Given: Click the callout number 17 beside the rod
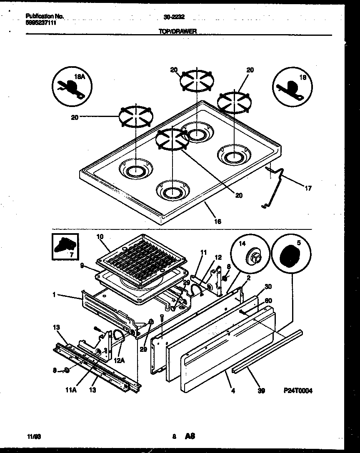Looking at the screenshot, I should pyautogui.click(x=308, y=188).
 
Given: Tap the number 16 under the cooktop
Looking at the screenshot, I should pyautogui.click(x=217, y=222).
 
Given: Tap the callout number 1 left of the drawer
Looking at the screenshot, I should pyautogui.click(x=54, y=294).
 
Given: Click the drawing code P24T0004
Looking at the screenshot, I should pyautogui.click(x=298, y=391).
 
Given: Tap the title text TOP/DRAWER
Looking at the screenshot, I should pyautogui.click(x=178, y=31).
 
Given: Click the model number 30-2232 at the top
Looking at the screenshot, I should pyautogui.click(x=175, y=17).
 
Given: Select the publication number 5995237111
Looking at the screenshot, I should pyautogui.click(x=41, y=23).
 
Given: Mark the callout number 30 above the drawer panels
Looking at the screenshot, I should pyautogui.click(x=267, y=286).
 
